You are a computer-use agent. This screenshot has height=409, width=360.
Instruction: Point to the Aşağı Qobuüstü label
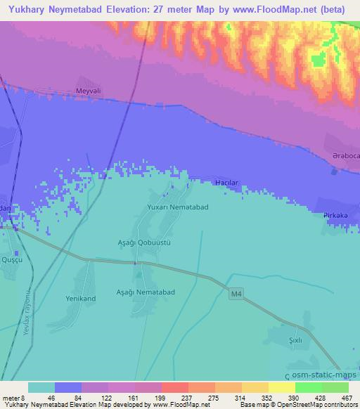point(144,241)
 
